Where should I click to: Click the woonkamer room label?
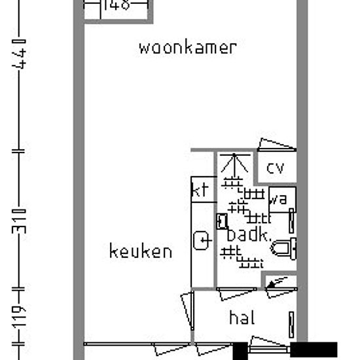pos(187,48)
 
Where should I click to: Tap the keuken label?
pos(141,251)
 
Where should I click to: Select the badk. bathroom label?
pos(247,235)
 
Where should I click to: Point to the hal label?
pos(242,318)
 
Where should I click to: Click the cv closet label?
pos(276,168)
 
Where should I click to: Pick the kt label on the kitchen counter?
pos(200,190)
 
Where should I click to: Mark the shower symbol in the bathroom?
pos(233,165)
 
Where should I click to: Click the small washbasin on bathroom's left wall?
pos(222,220)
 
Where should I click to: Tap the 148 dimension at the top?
pos(117,5)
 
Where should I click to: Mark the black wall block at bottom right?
pos(314,349)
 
